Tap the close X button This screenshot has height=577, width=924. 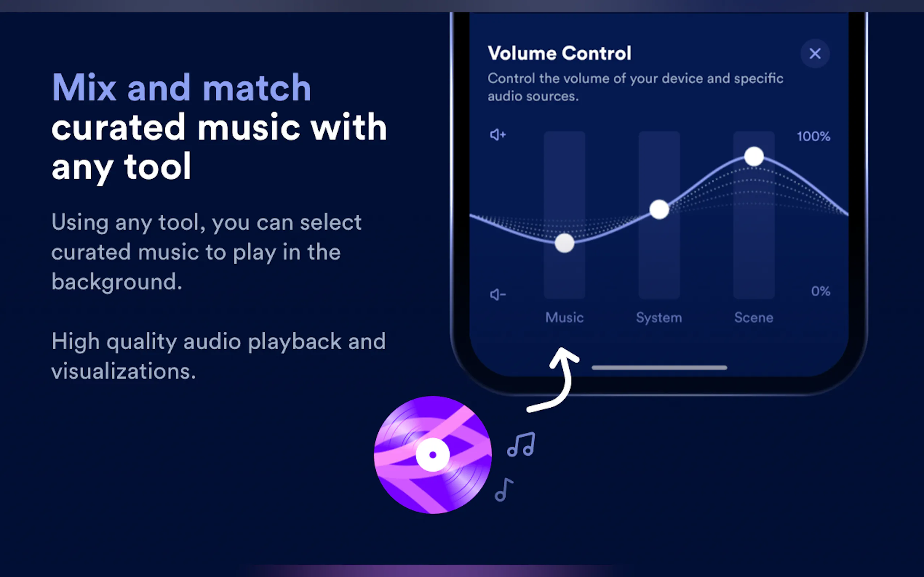click(815, 53)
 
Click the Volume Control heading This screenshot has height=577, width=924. click(559, 53)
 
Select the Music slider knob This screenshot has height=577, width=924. click(564, 243)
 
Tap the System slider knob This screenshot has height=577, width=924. click(659, 209)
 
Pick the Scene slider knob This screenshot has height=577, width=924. click(754, 157)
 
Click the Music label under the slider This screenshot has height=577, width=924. click(564, 318)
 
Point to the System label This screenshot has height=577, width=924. click(659, 318)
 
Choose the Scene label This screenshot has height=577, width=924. click(754, 318)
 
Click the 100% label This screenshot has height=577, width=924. click(813, 137)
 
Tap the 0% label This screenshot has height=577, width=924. click(820, 291)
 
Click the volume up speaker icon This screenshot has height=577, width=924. click(498, 135)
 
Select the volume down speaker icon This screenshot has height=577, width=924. click(498, 295)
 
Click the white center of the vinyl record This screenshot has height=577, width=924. click(433, 455)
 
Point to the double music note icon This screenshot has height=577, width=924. click(521, 445)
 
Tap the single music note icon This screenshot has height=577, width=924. click(504, 489)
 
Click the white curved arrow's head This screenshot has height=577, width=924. click(563, 357)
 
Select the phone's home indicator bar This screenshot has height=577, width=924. click(659, 368)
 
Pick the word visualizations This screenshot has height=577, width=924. click(123, 371)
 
